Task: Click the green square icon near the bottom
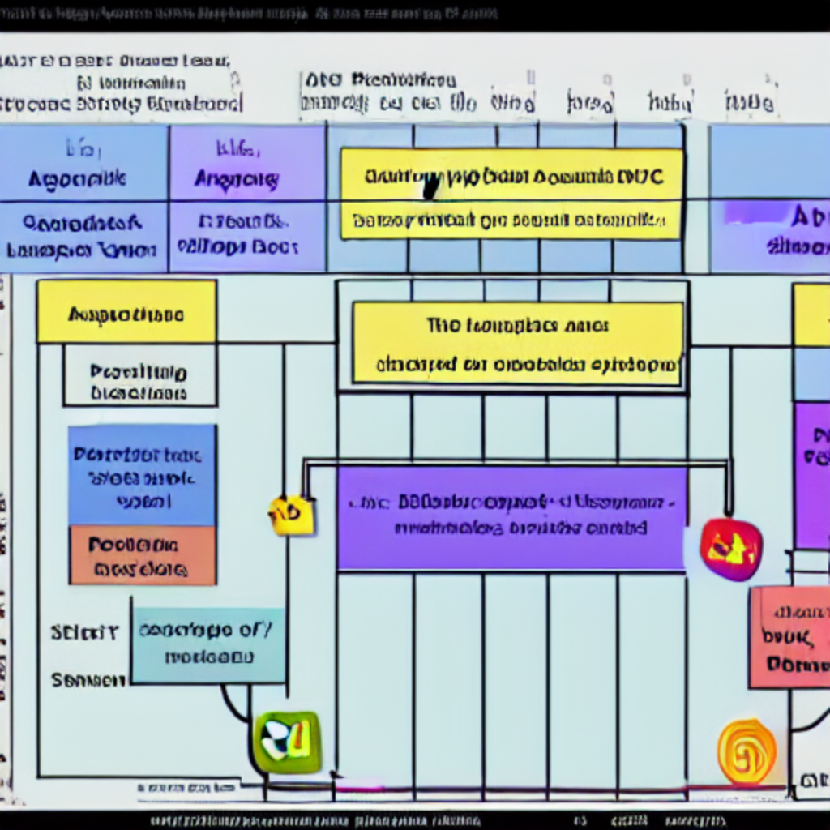tap(287, 741)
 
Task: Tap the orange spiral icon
tap(747, 751)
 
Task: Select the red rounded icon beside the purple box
tap(731, 550)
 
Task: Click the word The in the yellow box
tap(443, 326)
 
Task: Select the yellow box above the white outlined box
tap(126, 312)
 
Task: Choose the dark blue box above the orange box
tap(142, 475)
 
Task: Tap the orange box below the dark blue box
tap(142, 556)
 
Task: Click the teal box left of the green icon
tap(207, 645)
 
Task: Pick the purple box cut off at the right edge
tap(811, 474)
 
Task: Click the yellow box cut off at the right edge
tap(811, 314)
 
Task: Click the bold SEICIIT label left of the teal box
tap(84, 632)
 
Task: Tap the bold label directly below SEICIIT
tap(88, 680)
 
